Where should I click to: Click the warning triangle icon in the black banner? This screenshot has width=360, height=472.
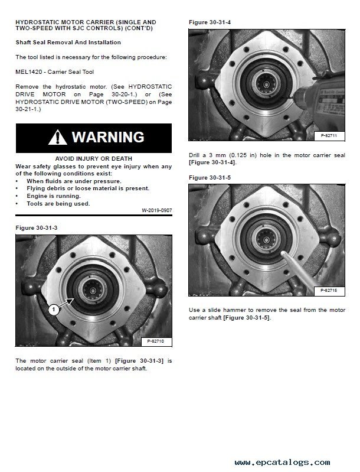click(x=58, y=138)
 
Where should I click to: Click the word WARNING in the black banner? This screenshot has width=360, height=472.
click(x=108, y=138)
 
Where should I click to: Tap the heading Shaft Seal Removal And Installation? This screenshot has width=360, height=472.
click(x=68, y=43)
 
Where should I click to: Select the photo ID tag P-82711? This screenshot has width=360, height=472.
click(x=329, y=136)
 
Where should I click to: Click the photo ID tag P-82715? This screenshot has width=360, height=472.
click(x=329, y=291)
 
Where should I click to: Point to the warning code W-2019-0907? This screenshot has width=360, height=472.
click(x=156, y=210)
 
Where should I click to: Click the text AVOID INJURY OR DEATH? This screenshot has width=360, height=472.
click(x=93, y=159)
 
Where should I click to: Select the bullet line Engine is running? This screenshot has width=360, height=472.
click(x=54, y=196)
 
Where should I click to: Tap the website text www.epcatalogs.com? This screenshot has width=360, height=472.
click(x=282, y=463)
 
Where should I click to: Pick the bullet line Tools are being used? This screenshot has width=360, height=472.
click(x=58, y=203)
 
